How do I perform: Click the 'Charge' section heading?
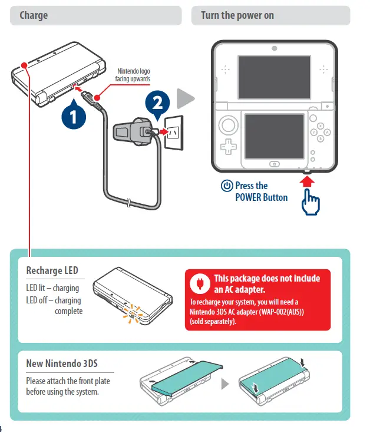tap(34, 15)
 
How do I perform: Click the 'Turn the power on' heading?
tap(237, 15)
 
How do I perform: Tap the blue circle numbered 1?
tap(73, 115)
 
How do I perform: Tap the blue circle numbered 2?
tap(157, 103)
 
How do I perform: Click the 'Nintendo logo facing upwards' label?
tap(133, 75)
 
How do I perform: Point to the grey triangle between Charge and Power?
tap(186, 99)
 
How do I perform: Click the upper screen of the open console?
tap(274, 77)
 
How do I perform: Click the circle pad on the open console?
tap(227, 125)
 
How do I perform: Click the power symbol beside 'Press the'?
tap(227, 186)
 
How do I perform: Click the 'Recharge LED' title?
tap(52, 270)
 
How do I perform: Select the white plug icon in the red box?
tap(199, 283)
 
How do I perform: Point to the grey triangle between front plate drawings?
tap(224, 384)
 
